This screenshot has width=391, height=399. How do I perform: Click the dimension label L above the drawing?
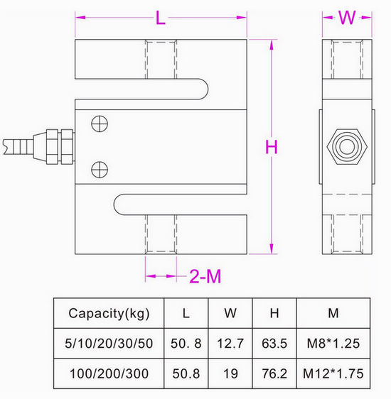tap(161, 19)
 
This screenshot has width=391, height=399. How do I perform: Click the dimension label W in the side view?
tap(346, 18)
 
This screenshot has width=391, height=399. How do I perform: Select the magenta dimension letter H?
tap(272, 148)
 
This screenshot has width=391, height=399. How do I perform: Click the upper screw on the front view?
tap(100, 124)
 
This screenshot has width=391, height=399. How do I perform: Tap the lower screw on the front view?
tap(100, 168)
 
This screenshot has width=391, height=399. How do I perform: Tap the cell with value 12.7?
tap(230, 343)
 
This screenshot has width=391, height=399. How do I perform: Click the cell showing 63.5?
tap(274, 343)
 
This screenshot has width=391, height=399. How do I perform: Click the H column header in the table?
tap(274, 314)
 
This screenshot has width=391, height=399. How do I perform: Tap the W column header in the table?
tap(230, 314)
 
